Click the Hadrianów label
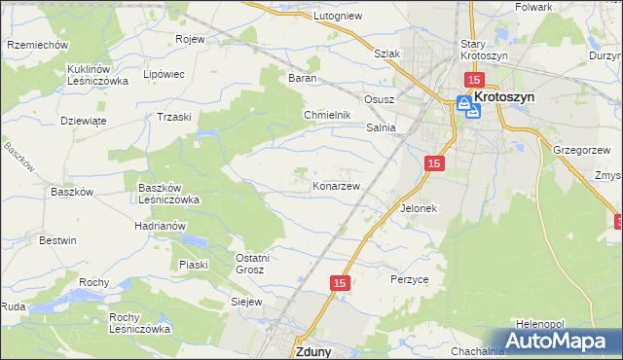click(x=161, y=225)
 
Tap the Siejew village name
click(x=246, y=302)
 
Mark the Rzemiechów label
click(x=36, y=45)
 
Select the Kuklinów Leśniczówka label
click(x=92, y=75)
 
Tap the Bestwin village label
click(x=57, y=239)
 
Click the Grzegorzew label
click(x=581, y=150)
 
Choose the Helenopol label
click(x=541, y=323)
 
